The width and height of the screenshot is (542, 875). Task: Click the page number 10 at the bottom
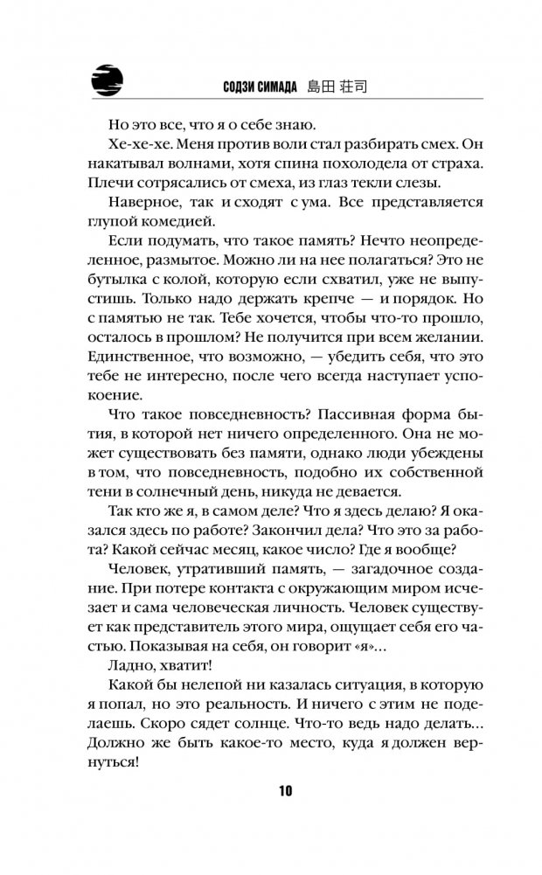tap(285, 791)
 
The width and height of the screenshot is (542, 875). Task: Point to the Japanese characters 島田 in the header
tap(323, 86)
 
